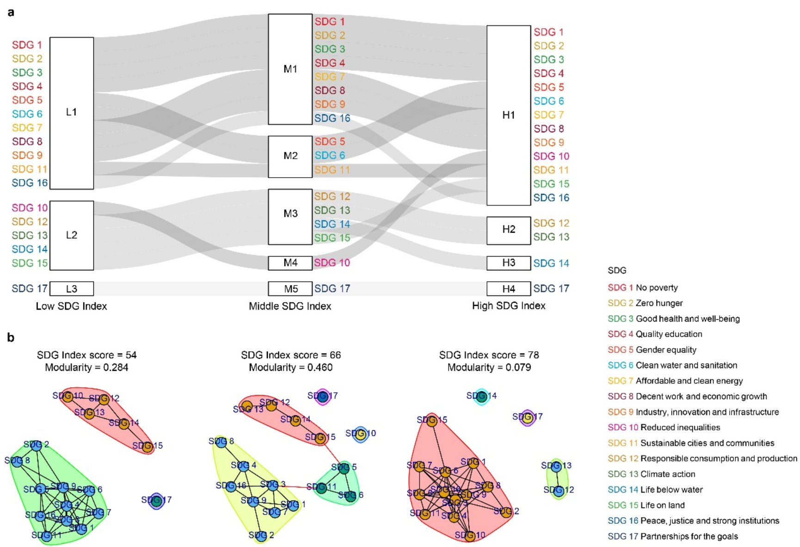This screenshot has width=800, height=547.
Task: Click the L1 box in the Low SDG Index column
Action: [x=72, y=113]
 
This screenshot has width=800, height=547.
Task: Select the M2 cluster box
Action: [x=290, y=156]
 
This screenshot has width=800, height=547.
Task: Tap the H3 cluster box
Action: [x=508, y=263]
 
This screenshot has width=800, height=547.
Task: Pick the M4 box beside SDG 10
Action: [x=290, y=263]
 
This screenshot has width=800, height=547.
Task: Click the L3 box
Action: [x=72, y=289]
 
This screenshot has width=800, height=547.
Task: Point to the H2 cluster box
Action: [x=508, y=230]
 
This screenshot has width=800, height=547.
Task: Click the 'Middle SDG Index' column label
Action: [x=290, y=306]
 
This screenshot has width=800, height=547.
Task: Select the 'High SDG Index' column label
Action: [x=508, y=305]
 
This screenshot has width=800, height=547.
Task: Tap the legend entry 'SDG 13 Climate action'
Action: [x=651, y=474]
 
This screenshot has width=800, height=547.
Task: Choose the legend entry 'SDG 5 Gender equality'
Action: [x=652, y=349]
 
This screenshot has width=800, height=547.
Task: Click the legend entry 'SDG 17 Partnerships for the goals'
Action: [x=672, y=536]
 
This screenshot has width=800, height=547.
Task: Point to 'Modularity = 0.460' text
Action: [x=290, y=367]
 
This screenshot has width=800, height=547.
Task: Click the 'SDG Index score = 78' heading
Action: [x=489, y=355]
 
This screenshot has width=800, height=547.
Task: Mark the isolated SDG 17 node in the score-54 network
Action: [x=157, y=500]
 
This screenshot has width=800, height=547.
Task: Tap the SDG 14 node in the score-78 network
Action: [x=481, y=396]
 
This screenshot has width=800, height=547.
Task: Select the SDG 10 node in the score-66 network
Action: [x=360, y=434]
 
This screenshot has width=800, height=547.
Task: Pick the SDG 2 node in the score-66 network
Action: [x=261, y=535]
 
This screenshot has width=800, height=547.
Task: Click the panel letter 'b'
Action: [x=11, y=337]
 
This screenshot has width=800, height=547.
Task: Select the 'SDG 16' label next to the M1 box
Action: [x=332, y=118]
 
